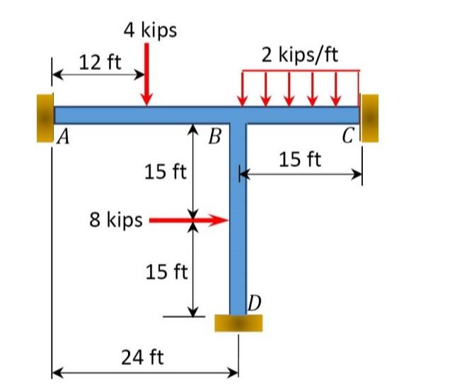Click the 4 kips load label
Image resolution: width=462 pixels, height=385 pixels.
click(150, 30)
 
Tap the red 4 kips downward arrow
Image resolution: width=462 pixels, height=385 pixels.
click(146, 74)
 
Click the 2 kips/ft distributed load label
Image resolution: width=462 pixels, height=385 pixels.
click(300, 55)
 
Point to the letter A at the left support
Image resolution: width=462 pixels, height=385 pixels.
click(62, 138)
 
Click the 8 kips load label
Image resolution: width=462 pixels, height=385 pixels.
click(116, 219)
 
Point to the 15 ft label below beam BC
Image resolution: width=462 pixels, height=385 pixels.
click(299, 159)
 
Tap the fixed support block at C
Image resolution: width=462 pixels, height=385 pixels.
click(369, 117)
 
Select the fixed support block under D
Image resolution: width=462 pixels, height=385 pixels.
click(238, 323)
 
